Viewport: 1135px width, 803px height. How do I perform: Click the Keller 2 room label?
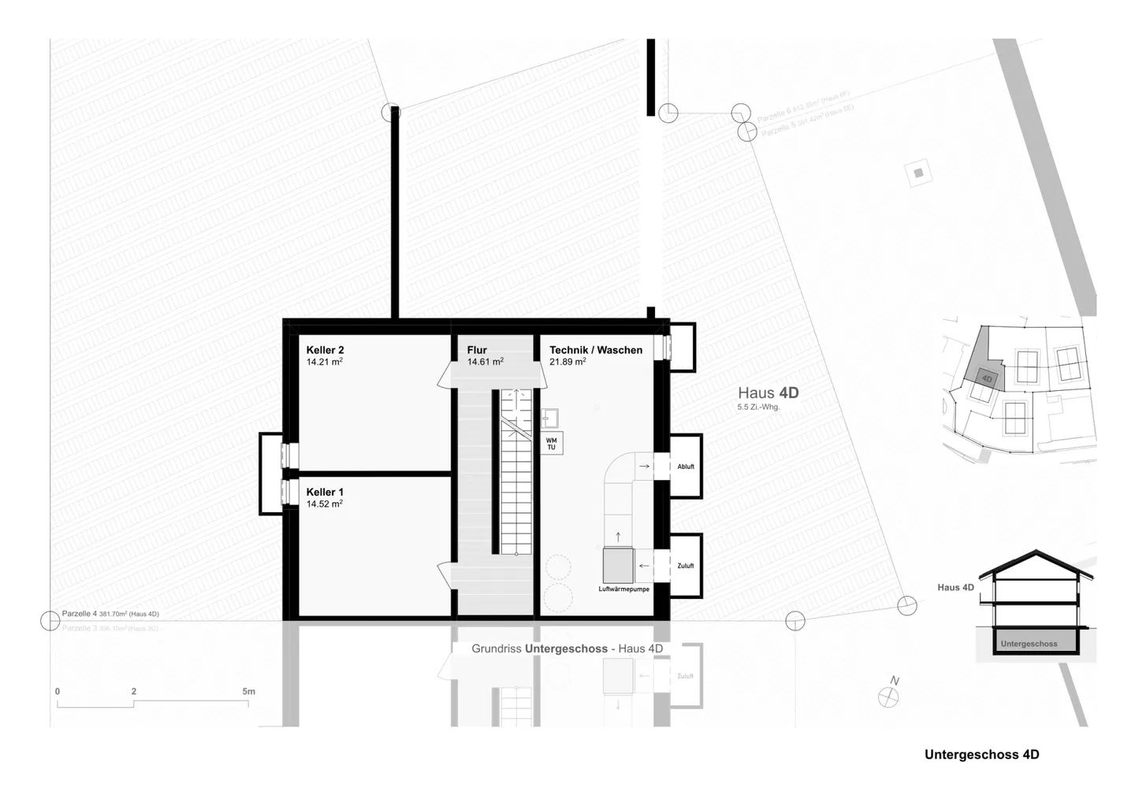pos(325,350)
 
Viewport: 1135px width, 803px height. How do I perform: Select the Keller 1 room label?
pos(325,492)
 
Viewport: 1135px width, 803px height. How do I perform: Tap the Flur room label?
pos(477,350)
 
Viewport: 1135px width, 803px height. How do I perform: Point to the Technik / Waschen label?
pos(596,350)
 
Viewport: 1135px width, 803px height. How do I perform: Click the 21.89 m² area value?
pos(567,362)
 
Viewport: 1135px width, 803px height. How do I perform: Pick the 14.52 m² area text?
pos(325,504)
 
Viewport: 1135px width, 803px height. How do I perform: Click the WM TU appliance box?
pos(551,444)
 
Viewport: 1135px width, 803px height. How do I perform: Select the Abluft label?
pos(686,467)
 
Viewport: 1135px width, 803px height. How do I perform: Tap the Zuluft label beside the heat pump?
pos(686,566)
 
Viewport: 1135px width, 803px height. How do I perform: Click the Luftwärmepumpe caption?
pos(623,589)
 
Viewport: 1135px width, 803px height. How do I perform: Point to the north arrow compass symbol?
pos(888,696)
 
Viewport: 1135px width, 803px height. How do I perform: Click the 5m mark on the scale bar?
pos(248,692)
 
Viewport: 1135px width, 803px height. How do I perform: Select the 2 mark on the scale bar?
pos(134,692)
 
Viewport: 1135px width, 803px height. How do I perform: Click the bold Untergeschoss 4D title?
pos(981,754)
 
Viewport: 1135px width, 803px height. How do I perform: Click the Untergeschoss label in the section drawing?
pos(1029,644)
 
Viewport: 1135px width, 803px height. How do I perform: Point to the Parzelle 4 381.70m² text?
pos(110,614)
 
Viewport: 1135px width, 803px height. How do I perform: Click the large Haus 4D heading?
pos(768,392)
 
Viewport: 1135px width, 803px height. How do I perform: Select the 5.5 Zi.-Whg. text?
pos(758,407)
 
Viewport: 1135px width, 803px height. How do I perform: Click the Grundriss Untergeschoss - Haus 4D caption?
pos(567,649)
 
